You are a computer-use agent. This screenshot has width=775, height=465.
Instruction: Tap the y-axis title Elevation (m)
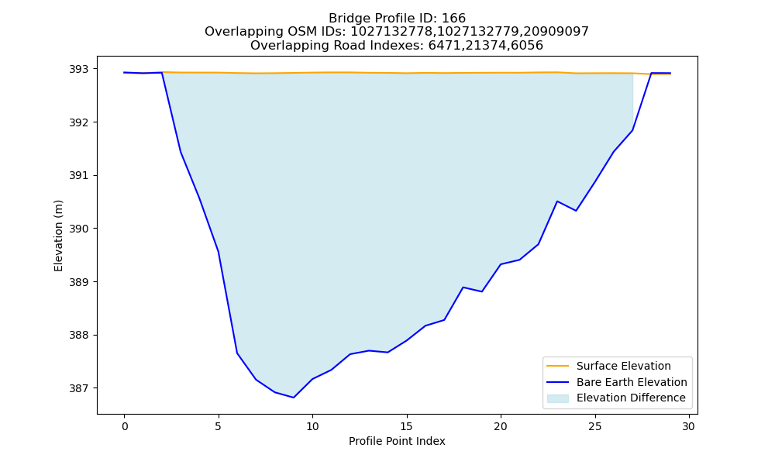pyautogui.click(x=58, y=236)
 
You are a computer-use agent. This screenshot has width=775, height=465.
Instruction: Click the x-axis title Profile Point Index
pyautogui.click(x=397, y=441)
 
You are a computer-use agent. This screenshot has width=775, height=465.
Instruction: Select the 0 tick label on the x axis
pyautogui.click(x=125, y=426)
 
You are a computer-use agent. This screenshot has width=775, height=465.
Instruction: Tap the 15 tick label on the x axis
pyautogui.click(x=407, y=426)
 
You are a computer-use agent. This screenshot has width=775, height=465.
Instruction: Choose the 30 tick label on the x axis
pyautogui.click(x=689, y=426)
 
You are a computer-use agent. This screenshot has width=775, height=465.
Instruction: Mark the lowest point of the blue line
pyautogui.click(x=294, y=398)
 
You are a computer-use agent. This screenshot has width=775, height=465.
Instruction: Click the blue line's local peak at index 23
pyautogui.click(x=557, y=201)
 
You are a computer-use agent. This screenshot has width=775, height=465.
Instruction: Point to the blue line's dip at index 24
pyautogui.click(x=576, y=211)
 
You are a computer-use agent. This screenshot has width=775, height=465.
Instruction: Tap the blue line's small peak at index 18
pyautogui.click(x=463, y=287)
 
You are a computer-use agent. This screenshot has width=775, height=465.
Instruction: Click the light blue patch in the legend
pyautogui.click(x=557, y=398)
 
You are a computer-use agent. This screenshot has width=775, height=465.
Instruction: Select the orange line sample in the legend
pyautogui.click(x=557, y=366)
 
